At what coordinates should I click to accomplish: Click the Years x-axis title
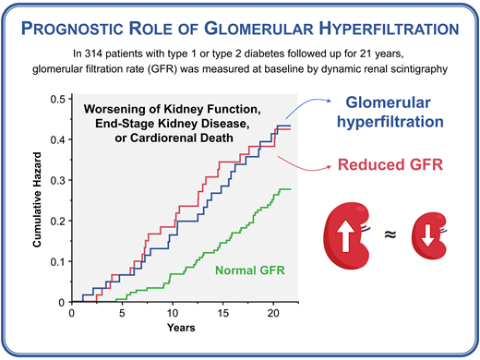pyautogui.click(x=181, y=329)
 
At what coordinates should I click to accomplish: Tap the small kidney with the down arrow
pyautogui.click(x=427, y=238)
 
